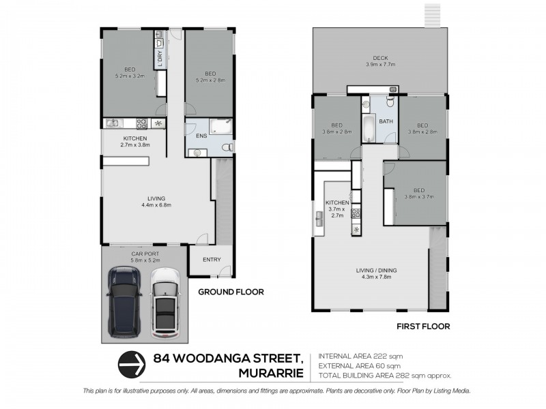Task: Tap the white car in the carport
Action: [164, 302]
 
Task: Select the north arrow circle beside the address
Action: [132, 364]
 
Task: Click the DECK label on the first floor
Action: [379, 58]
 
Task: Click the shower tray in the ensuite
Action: [220, 126]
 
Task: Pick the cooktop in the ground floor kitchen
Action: [143, 123]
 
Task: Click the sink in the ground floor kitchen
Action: [113, 123]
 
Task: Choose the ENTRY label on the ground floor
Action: [212, 259]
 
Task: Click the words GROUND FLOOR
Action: [231, 292]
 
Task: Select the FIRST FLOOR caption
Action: [423, 327]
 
